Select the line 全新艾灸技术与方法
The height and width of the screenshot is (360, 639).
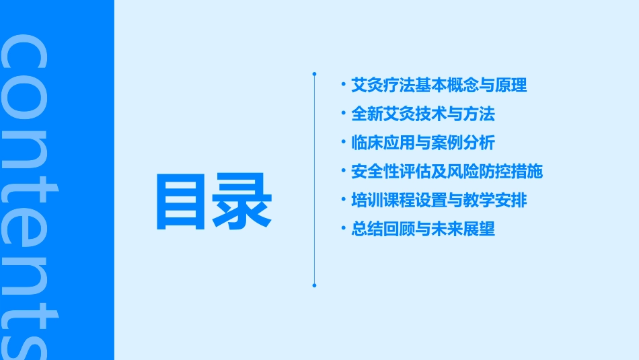[423, 114]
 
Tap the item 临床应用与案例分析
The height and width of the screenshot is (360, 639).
[423, 143]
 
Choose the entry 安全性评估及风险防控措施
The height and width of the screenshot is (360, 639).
[447, 172]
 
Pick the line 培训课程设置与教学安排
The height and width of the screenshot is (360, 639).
[439, 201]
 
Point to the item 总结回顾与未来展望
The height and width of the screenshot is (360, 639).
[423, 229]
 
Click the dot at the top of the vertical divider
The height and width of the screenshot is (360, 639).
[314, 73]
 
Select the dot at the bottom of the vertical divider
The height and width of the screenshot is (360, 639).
[314, 285]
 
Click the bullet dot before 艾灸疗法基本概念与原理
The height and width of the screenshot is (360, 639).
[343, 85]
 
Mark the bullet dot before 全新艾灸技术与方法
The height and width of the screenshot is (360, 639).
[343, 114]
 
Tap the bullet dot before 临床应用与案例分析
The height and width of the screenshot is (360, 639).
[343, 143]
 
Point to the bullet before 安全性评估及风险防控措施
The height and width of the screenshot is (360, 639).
[343, 172]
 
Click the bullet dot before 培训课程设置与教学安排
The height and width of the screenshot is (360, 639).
[343, 201]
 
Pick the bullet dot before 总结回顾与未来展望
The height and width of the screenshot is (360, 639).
[343, 229]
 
